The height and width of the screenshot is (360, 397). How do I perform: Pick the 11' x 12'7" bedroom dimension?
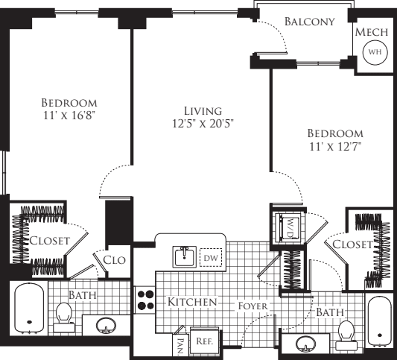point(334,146)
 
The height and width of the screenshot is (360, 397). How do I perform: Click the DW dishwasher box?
point(212,257)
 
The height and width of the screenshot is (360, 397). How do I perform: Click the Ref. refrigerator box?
point(204,340)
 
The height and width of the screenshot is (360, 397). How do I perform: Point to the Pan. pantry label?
point(180,343)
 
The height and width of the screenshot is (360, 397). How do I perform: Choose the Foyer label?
point(253,306)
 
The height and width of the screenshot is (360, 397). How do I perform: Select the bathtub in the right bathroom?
point(378,320)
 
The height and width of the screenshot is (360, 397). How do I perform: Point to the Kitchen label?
point(191,303)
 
